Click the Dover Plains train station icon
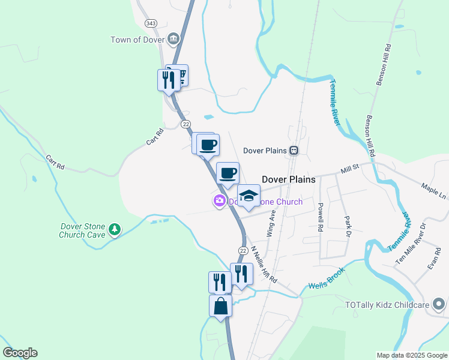click(x=294, y=150)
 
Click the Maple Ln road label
click(x=433, y=191)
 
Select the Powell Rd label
click(x=321, y=217)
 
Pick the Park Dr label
click(x=346, y=226)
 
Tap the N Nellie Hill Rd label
click(x=264, y=265)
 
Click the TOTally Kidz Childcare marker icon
click(x=439, y=305)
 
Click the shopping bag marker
click(x=220, y=305)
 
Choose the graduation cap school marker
click(x=249, y=195)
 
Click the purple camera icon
click(x=220, y=201)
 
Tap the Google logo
click(x=20, y=353)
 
